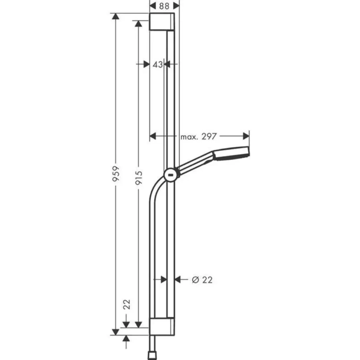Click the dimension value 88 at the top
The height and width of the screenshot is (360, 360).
coord(164,6)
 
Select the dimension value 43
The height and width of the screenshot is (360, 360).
coord(157,64)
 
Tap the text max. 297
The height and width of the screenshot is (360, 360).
coord(198,137)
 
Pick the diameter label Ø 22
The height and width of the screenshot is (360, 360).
coord(202,280)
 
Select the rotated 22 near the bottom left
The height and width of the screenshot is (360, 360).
coord(127,305)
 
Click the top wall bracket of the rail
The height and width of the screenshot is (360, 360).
coord(162,22)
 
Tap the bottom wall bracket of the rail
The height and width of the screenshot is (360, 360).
coord(162,327)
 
